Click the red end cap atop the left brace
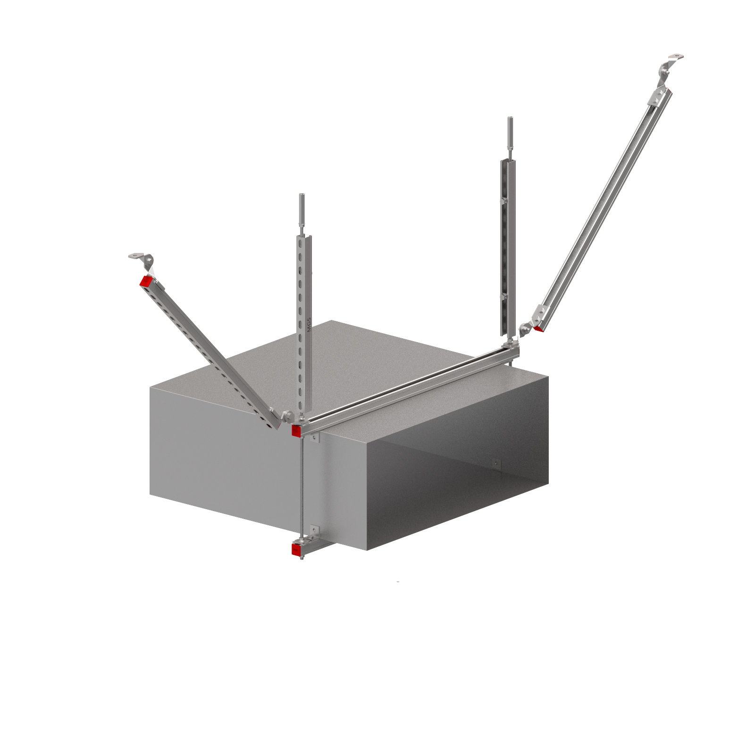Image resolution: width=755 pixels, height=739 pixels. [x=146, y=281]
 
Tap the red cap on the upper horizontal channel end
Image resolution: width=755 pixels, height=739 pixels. [x=296, y=430]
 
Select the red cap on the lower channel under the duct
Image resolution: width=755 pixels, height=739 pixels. [x=296, y=550]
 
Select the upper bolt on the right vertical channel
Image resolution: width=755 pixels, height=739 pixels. [x=504, y=201]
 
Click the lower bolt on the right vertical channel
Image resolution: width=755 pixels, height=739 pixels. [x=504, y=297]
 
